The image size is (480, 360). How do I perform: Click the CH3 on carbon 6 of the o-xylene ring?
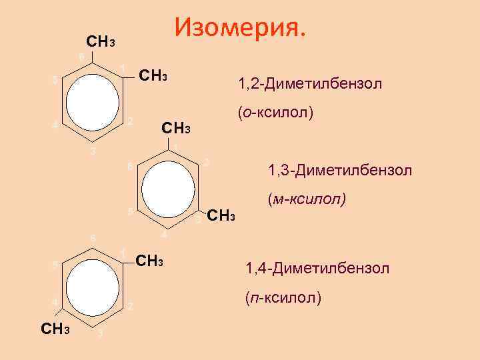click(x=101, y=42)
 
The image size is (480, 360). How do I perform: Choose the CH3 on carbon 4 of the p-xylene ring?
click(x=59, y=329)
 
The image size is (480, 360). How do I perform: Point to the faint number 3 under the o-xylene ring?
click(x=93, y=153)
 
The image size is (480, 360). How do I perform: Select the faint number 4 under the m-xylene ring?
click(x=164, y=236)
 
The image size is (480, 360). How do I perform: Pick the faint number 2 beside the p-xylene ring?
click(x=131, y=307)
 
